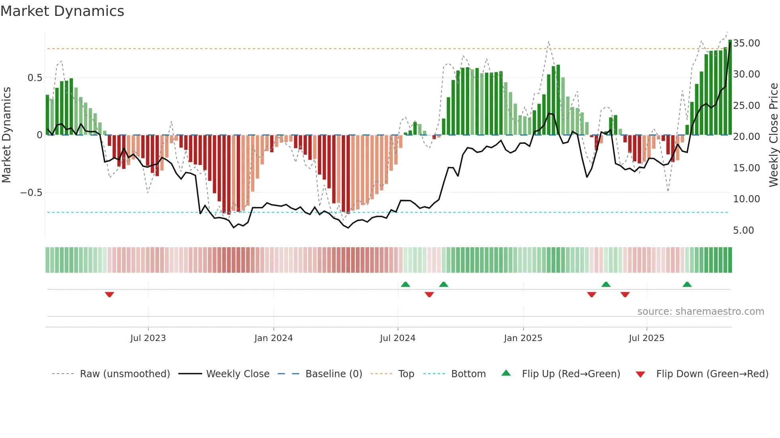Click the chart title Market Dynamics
[x=62, y=11]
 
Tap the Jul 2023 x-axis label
[x=148, y=338]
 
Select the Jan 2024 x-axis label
[x=273, y=338]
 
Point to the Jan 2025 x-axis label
[x=523, y=338]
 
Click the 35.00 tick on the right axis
[x=747, y=43]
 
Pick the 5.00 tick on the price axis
[x=743, y=231]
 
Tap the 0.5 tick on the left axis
[x=35, y=78]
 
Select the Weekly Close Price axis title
[x=773, y=135]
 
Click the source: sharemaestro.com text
[x=700, y=312]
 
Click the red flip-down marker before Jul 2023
[x=109, y=295]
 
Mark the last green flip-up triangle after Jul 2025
[x=687, y=284]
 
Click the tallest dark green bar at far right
[x=730, y=87]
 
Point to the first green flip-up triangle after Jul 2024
[x=405, y=284]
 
